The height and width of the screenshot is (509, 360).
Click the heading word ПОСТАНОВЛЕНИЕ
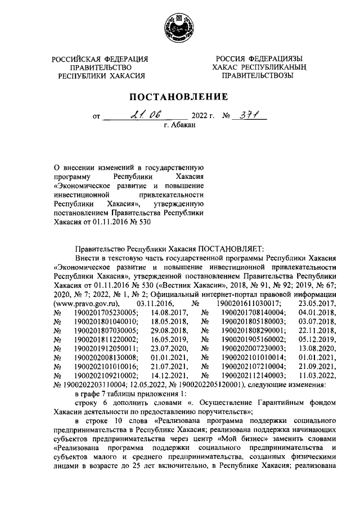(x=179, y=98)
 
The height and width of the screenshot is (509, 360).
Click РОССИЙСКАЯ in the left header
(x=81, y=59)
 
